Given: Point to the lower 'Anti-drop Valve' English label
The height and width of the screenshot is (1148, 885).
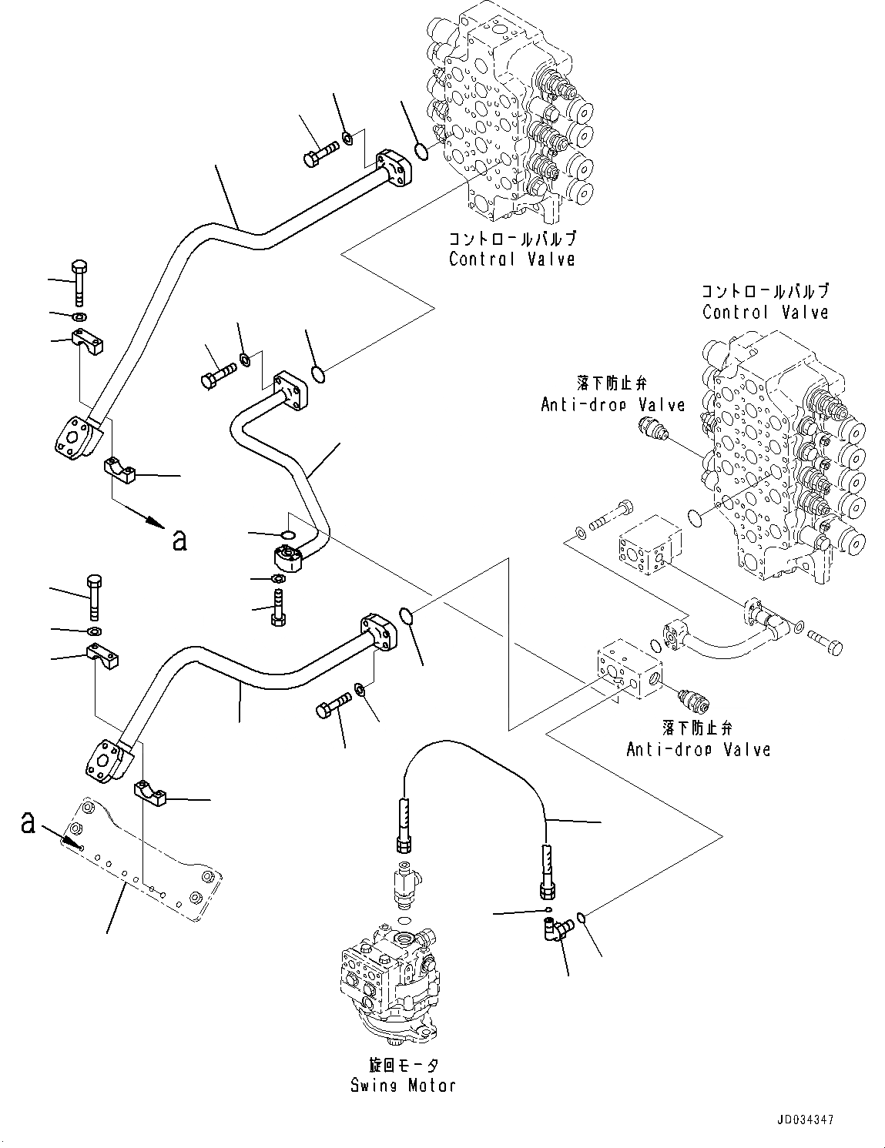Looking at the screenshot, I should click(x=698, y=749).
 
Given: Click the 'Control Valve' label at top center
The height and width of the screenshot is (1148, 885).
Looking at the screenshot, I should click(x=511, y=259).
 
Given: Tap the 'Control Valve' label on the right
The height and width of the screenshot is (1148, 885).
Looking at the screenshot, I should click(x=765, y=313).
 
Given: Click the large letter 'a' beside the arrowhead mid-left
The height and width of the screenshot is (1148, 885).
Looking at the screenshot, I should click(x=179, y=541).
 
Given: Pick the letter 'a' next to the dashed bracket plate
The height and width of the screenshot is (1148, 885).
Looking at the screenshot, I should click(x=28, y=824).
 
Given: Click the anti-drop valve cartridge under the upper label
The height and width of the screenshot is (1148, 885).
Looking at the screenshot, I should click(x=651, y=427).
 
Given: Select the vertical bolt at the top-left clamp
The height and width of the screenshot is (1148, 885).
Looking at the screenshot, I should click(x=80, y=283).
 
